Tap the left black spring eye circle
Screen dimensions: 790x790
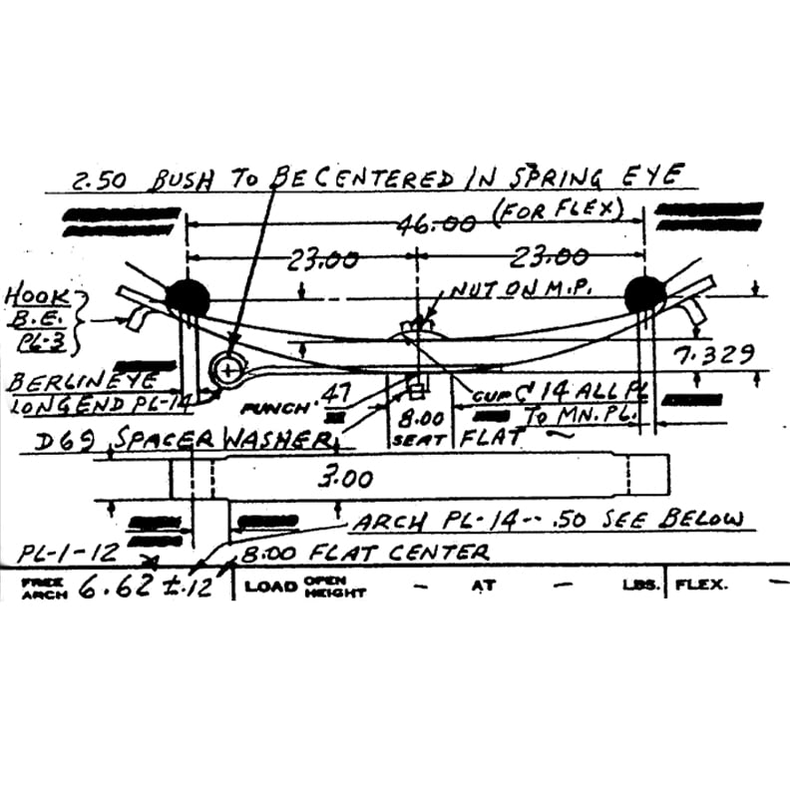(x=188, y=296)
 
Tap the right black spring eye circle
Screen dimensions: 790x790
(x=644, y=294)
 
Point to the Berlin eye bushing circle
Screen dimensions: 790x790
(x=230, y=370)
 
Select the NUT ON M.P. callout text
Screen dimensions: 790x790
(x=520, y=289)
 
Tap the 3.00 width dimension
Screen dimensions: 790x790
(x=345, y=479)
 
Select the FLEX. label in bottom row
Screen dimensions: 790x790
(x=702, y=586)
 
